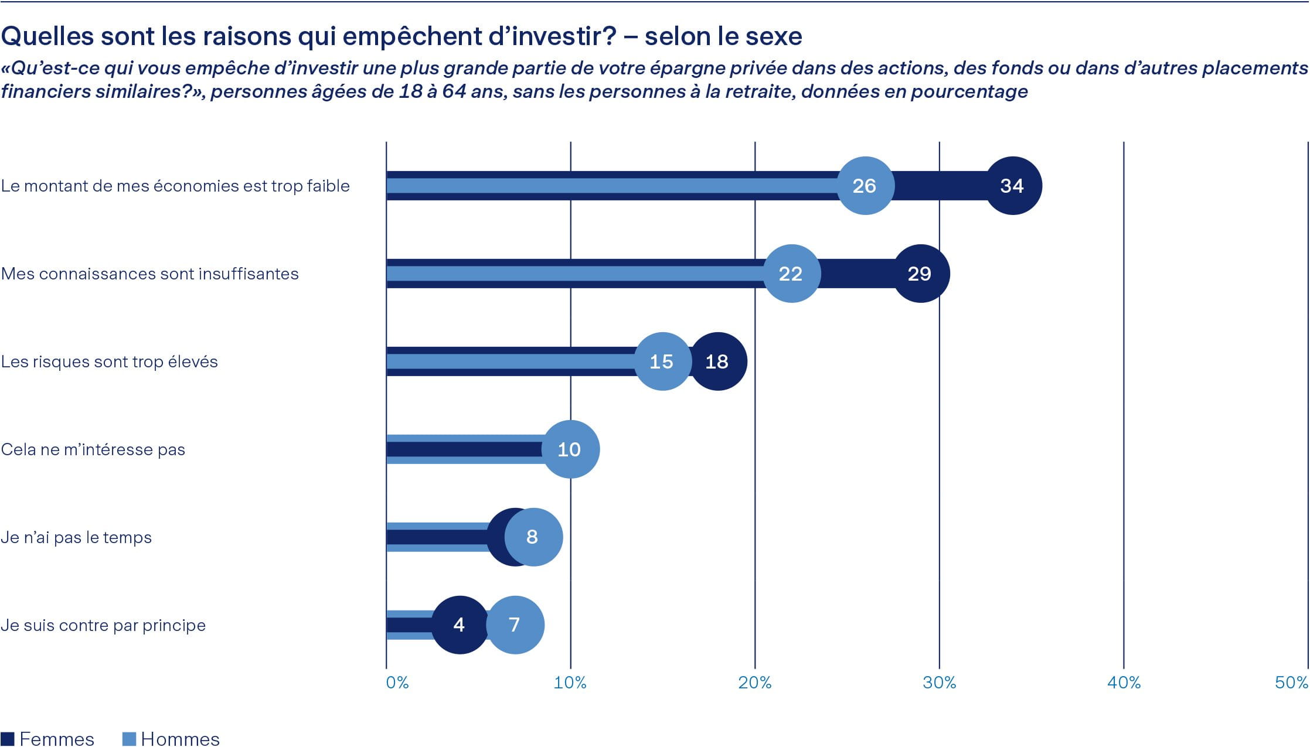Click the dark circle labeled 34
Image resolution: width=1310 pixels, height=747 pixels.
point(1012,186)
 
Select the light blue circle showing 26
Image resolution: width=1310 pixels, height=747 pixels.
point(865,186)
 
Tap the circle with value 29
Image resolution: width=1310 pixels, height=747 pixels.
point(920,274)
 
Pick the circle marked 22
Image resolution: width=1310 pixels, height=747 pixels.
point(791,274)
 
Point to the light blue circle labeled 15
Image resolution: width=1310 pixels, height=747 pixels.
point(662,361)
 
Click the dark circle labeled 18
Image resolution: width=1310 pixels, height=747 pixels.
point(719,361)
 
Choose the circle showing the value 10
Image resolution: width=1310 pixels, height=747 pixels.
point(570,449)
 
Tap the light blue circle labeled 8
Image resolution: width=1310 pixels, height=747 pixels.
point(533,537)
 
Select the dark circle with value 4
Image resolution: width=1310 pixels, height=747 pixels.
point(460,625)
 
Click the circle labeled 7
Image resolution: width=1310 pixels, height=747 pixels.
point(515,625)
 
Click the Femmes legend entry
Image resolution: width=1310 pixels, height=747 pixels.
point(48,739)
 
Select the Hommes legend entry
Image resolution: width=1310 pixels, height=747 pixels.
point(171,739)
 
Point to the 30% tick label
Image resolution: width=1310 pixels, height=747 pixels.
point(939,683)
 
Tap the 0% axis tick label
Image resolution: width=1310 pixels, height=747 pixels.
point(397,683)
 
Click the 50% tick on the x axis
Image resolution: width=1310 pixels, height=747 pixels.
point(1291,683)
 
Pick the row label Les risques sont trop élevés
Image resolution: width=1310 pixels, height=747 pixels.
point(110,361)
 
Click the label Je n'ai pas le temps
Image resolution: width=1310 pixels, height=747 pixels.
point(76,537)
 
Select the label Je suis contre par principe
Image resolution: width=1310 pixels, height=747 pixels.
point(103,625)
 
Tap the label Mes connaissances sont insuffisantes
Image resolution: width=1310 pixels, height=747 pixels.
point(150,274)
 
